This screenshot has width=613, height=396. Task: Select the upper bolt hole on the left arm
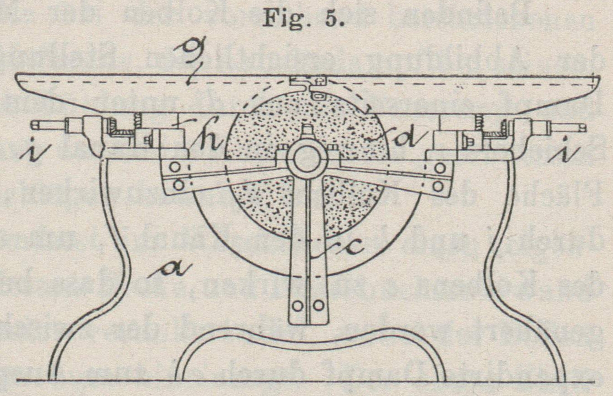point(177,168)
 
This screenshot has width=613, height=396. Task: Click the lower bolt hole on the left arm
point(178,185)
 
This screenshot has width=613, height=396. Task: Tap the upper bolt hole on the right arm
point(439,168)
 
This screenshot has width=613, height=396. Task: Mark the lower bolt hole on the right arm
point(438,186)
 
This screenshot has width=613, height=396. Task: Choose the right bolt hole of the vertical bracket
point(319,305)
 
